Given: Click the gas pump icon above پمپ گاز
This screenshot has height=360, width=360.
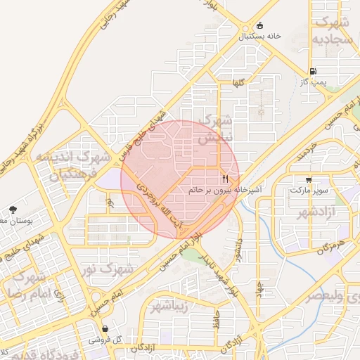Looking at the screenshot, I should (x=313, y=72).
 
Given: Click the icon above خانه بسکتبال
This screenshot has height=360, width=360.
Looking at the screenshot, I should (x=260, y=25).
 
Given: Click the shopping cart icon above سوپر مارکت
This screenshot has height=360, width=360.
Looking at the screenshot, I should (x=309, y=179).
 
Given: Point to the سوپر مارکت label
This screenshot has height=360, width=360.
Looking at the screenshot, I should (x=309, y=191).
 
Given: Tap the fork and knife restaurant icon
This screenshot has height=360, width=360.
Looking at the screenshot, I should (x=226, y=179).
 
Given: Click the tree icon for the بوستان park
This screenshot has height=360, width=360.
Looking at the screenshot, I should (x=13, y=210).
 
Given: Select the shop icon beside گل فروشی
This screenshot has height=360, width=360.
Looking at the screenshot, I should (x=105, y=328).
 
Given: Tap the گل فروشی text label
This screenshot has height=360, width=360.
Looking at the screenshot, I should (x=105, y=340).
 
